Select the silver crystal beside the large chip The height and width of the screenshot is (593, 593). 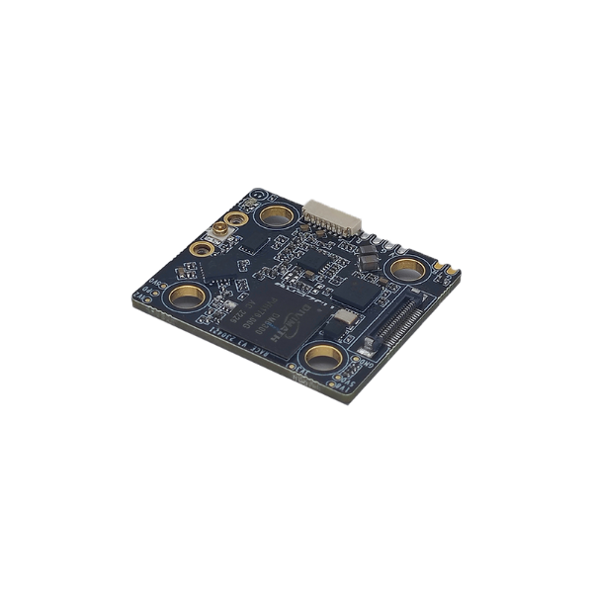coord(347,318)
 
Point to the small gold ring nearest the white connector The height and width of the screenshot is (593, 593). coord(236,221)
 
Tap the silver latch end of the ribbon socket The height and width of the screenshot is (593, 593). coord(367,345)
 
